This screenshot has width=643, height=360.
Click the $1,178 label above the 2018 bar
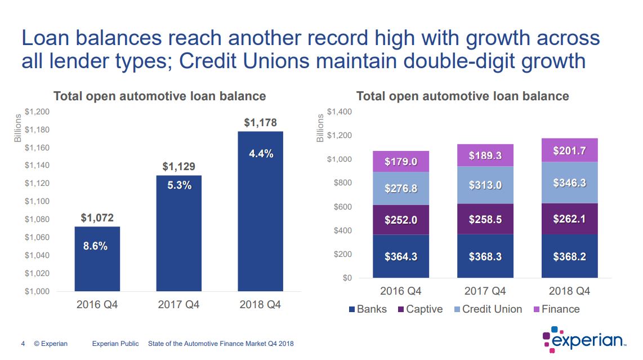[260, 122]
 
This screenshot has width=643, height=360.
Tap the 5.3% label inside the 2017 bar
[179, 185]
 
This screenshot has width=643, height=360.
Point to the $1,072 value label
[97, 218]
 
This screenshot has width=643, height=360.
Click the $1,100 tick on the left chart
[37, 201]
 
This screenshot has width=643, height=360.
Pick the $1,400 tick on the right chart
[339, 112]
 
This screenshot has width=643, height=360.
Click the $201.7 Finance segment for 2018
[569, 151]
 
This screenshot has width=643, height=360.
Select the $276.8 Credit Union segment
[401, 189]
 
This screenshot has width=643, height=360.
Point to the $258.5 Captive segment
[485, 219]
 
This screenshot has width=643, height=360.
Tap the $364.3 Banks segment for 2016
[401, 257]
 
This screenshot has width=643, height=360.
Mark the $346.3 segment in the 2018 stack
[569, 183]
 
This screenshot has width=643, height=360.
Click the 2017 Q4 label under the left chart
[178, 305]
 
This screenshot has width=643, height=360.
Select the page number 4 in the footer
[23, 344]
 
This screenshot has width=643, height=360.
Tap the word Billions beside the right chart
[320, 128]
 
